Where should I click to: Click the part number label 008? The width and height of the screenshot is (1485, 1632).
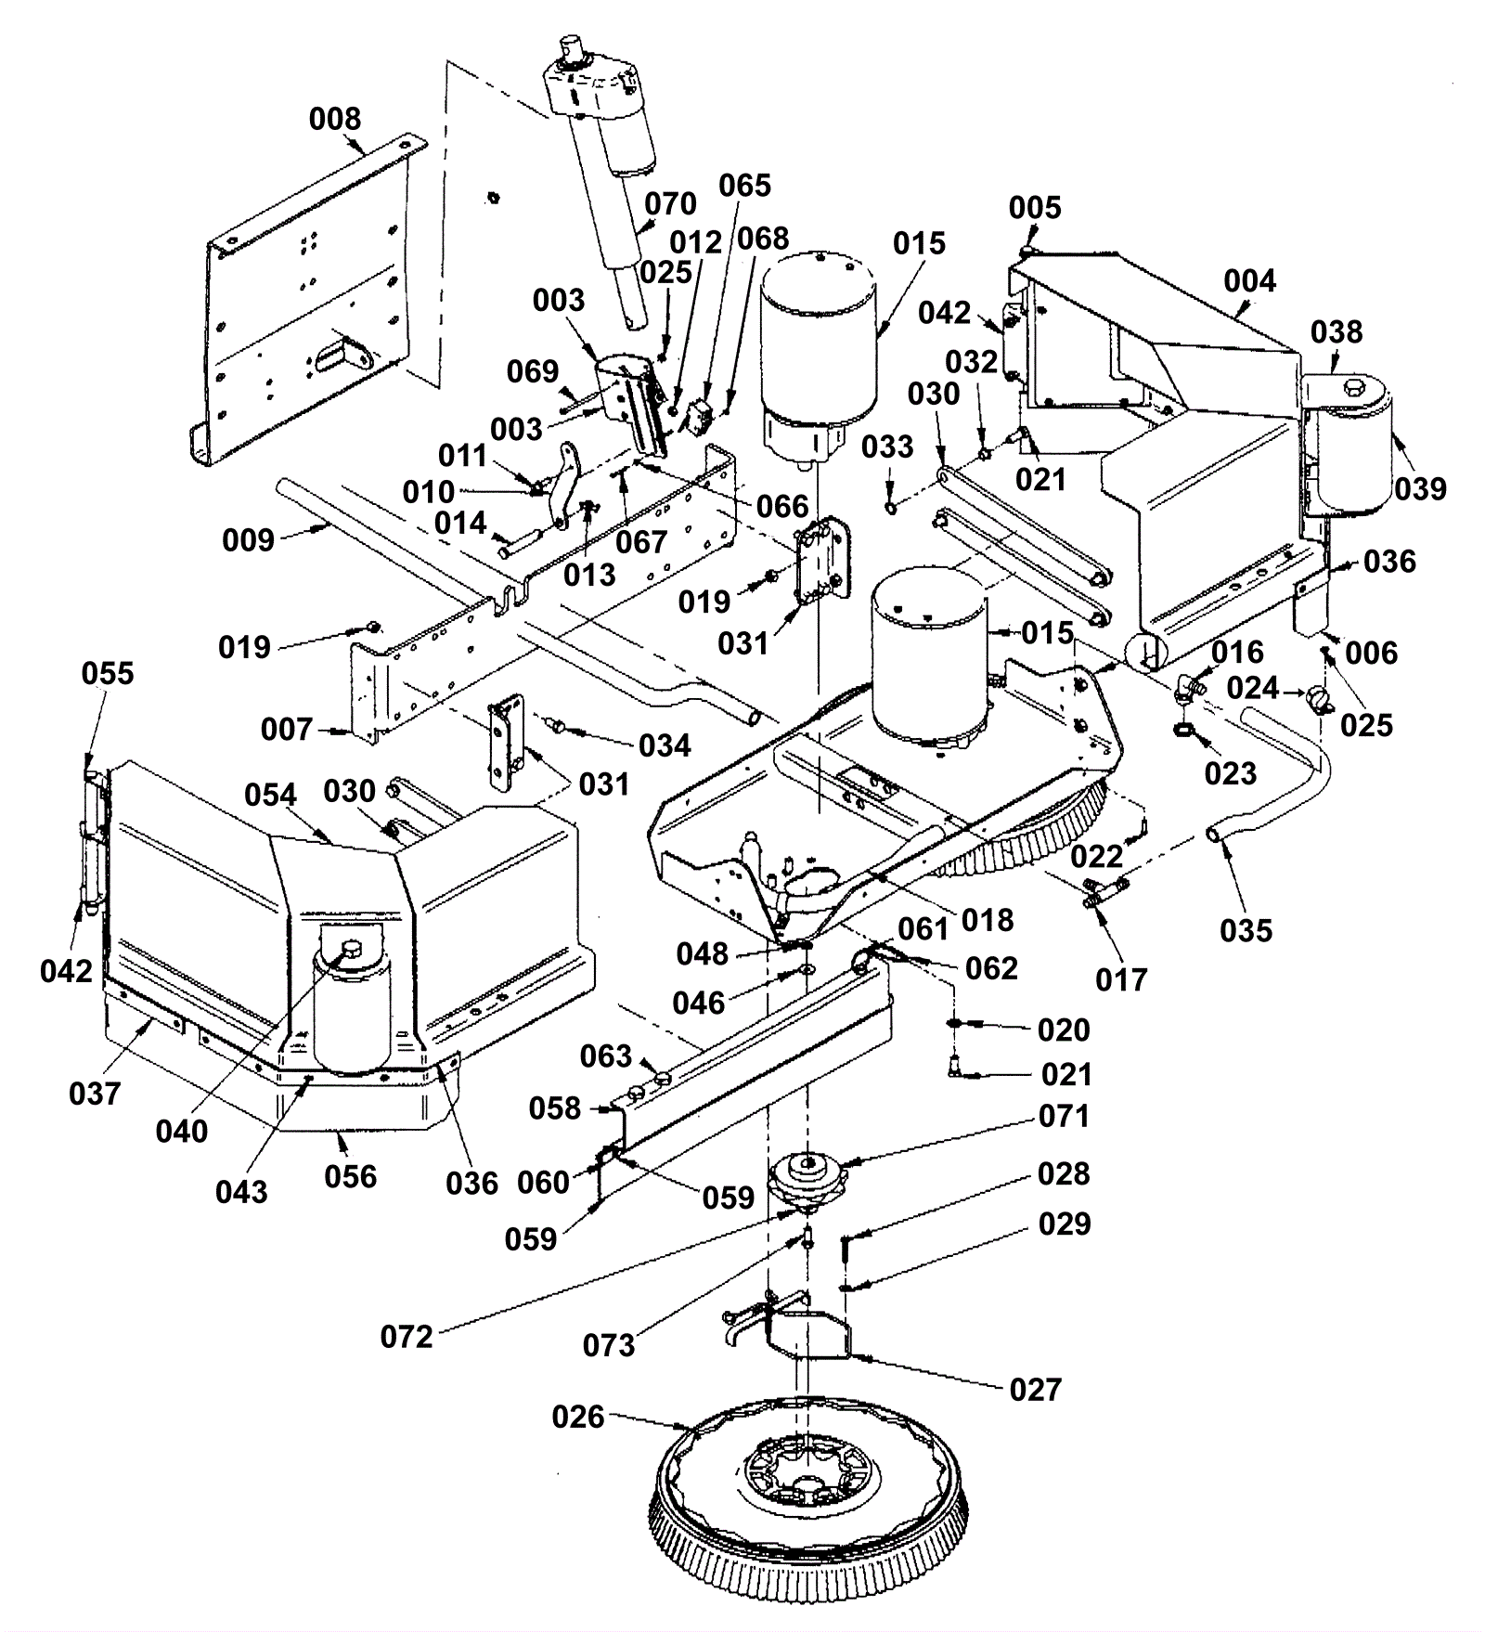[x=335, y=119]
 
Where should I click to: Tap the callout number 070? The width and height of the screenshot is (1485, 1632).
[x=670, y=203]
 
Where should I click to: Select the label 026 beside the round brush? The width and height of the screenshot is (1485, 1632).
[x=577, y=1417]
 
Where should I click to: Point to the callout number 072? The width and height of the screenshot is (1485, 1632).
[x=407, y=1337]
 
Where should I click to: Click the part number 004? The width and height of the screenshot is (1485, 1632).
[x=1249, y=280]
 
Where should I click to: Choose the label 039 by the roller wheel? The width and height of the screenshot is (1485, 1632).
[x=1420, y=488]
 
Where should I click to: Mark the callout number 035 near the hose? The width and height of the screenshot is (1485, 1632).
[x=1246, y=930]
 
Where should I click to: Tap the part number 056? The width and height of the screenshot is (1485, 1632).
[x=351, y=1176]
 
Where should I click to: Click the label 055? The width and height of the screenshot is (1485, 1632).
[x=108, y=673]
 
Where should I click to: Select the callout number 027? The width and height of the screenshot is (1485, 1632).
[x=1035, y=1390]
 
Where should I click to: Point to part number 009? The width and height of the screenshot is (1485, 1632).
[x=248, y=539]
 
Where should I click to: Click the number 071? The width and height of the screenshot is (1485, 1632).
[x=1064, y=1116]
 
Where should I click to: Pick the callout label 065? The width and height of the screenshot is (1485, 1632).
[x=744, y=185]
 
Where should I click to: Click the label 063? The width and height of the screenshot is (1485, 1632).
[x=606, y=1056]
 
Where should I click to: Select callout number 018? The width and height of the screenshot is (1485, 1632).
[x=988, y=920]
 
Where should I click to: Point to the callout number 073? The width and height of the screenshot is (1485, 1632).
[x=609, y=1344]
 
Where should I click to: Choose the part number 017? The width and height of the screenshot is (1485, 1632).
[x=1121, y=979]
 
